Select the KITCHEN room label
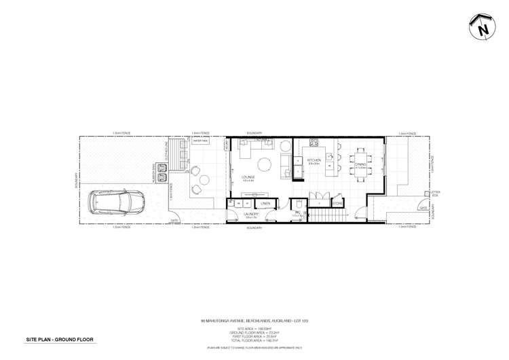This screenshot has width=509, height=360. (x=314, y=161)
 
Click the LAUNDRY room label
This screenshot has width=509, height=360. (x=252, y=214)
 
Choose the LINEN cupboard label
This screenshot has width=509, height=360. (x=266, y=203)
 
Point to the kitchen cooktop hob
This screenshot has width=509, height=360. (x=314, y=143)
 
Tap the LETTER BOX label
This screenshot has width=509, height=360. (x=435, y=194)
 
